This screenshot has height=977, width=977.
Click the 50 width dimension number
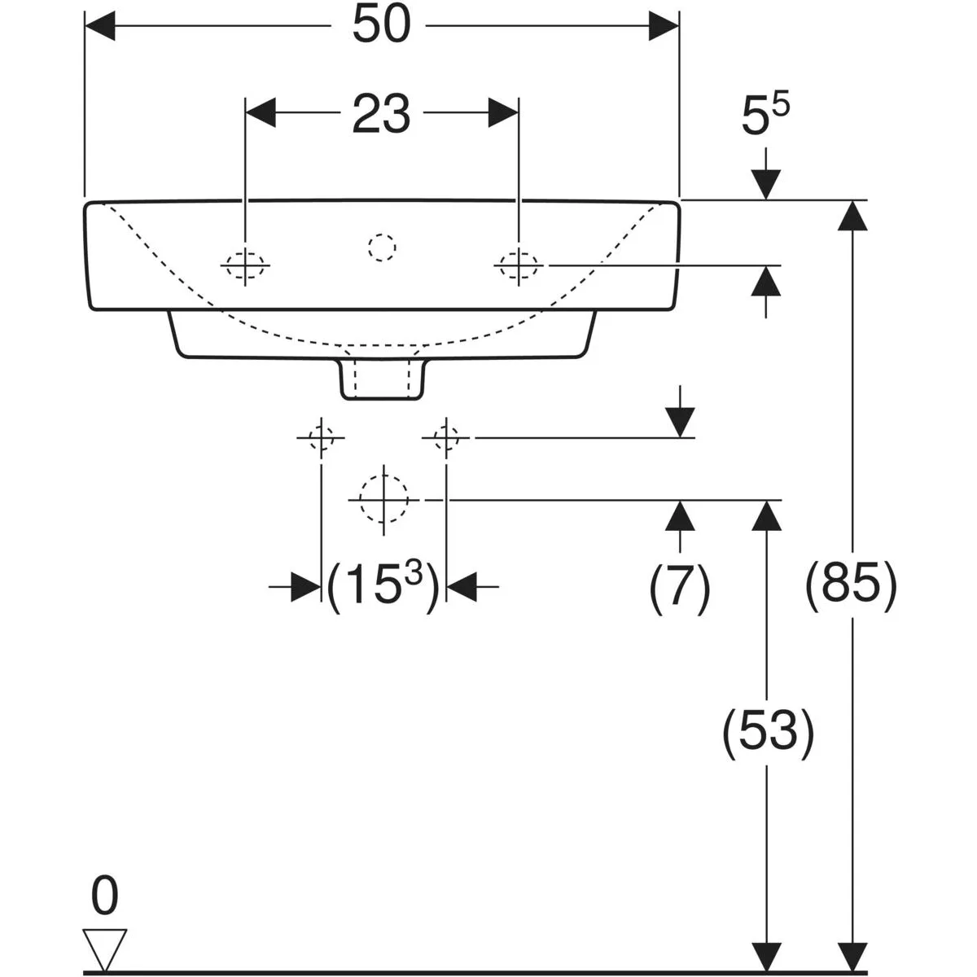(381, 24)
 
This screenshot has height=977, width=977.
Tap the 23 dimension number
(381, 113)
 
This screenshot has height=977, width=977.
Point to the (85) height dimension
(852, 585)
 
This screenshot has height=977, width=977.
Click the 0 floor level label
(105, 896)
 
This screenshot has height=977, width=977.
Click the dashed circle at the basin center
(382, 248)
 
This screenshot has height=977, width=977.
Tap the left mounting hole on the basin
(245, 265)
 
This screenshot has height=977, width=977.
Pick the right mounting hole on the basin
(519, 265)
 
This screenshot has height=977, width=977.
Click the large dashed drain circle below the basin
(383, 500)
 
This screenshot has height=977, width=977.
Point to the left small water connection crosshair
(321, 437)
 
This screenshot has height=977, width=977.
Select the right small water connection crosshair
(446, 437)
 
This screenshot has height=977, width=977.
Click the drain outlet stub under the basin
(381, 379)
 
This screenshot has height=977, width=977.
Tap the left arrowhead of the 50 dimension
(100, 25)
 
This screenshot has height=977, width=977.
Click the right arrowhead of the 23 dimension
(503, 112)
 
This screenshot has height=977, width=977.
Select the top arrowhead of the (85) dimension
(852, 216)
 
